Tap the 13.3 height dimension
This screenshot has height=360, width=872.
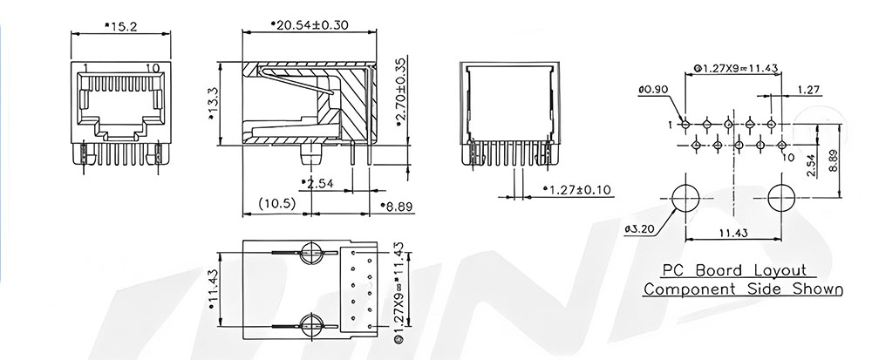[212, 104]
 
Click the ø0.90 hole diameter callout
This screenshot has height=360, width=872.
[653, 89]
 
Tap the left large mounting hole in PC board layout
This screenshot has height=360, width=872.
[685, 199]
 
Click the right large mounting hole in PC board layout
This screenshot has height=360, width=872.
[782, 199]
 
